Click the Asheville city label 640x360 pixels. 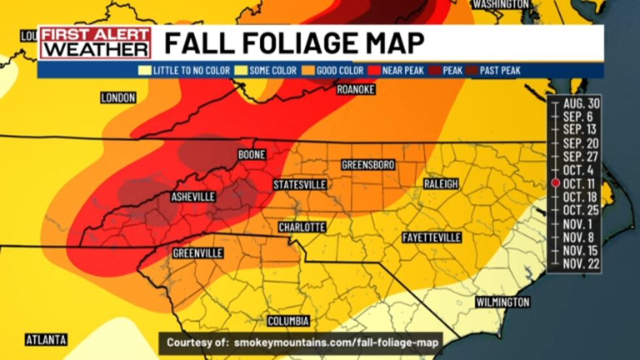[193, 197]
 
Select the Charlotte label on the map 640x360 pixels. [302, 227]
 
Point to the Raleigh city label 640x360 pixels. [441, 184]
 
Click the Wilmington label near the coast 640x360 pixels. [502, 302]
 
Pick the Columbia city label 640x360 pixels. [288, 321]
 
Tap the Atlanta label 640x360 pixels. [46, 340]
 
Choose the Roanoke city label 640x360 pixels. [356, 90]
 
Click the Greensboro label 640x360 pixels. [368, 165]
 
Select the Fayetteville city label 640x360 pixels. [432, 237]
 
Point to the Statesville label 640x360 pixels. [299, 185]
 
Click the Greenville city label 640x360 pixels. [198, 253]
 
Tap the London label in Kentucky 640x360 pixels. [118, 98]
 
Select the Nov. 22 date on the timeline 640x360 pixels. [581, 263]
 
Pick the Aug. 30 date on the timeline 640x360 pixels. [581, 103]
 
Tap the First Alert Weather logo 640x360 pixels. [96, 42]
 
